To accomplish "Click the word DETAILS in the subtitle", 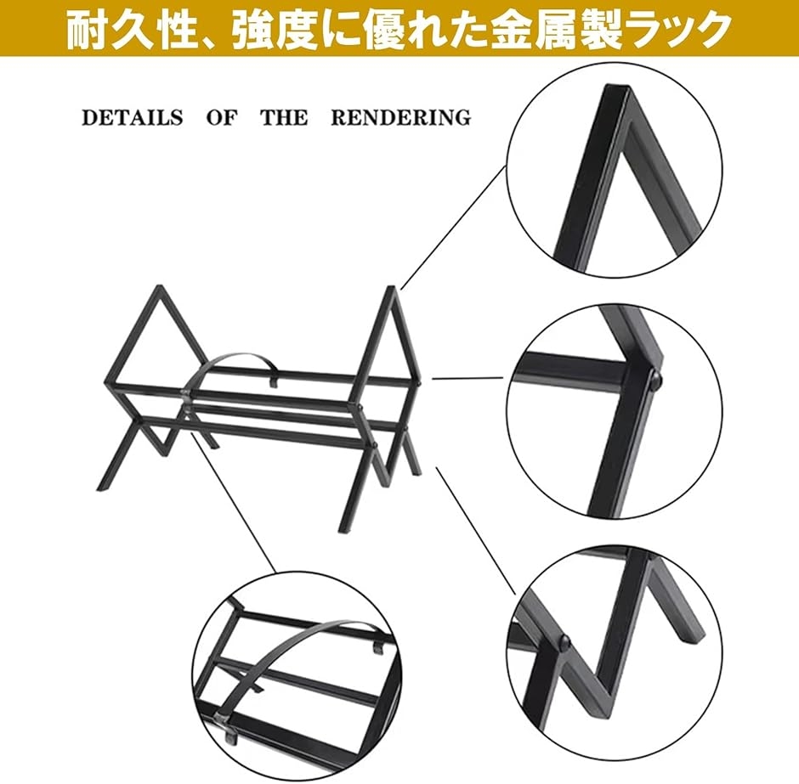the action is click(x=132, y=117).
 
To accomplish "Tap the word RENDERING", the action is click(x=400, y=117).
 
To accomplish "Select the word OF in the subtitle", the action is click(x=222, y=117).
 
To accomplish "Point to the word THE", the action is click(x=285, y=117).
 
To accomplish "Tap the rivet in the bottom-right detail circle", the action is click(x=564, y=641).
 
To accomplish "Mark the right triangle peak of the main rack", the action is click(x=391, y=289).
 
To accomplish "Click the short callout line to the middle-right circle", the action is click(x=467, y=378).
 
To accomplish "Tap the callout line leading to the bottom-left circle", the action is click(x=234, y=503).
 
